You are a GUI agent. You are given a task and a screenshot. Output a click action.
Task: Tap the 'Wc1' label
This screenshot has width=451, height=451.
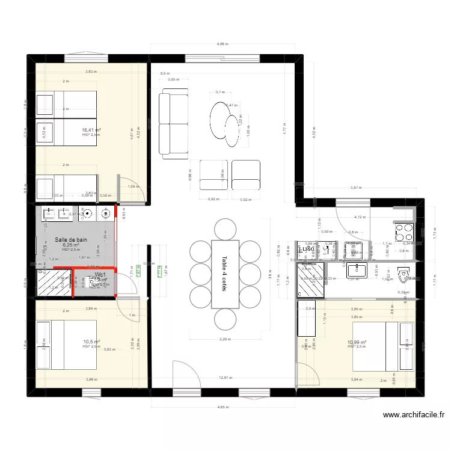[99, 275]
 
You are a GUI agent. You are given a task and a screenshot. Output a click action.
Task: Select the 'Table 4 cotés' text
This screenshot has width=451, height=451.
[224, 273]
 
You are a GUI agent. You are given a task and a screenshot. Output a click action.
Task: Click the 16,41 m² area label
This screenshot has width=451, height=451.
[91, 130]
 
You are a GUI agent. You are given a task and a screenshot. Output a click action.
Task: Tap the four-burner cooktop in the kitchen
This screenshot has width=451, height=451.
[403, 230]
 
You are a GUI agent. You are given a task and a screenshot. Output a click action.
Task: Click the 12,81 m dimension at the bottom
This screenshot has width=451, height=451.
[226, 378]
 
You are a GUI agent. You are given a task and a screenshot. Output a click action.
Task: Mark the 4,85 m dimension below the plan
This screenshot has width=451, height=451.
[222, 408]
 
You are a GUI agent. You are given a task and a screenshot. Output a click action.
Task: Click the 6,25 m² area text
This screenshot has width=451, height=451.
[71, 245]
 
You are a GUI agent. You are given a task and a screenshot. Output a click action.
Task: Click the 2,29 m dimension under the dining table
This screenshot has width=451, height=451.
[224, 339]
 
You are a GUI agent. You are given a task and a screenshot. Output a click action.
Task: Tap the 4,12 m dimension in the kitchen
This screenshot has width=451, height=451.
[360, 217]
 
